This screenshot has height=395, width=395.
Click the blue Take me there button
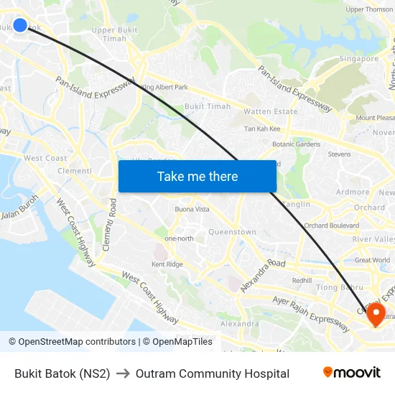pos(197,176)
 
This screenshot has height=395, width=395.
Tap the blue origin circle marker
pos(20,25)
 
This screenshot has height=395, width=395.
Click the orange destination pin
pos(376,314)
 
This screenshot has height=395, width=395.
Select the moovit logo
pos(352,373)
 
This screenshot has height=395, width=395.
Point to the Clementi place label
pos(75,171)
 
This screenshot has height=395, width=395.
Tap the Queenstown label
pos(232,232)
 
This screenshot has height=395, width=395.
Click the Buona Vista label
pos(192,209)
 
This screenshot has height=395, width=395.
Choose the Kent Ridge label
pos(167,264)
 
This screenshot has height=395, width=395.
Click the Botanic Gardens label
pos(297,144)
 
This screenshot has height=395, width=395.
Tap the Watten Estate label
pos(270,112)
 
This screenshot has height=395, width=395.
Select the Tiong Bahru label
pos(336,288)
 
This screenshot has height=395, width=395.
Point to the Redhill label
pos(302,280)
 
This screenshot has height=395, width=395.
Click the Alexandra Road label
pos(263,275)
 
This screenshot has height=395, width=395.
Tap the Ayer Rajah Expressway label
pos(310,311)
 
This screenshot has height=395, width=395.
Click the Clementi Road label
pos(108,226)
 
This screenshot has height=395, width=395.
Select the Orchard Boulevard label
pos(331,226)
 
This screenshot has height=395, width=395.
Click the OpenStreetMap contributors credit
pos(77,342)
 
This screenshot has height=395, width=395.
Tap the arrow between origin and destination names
pos(123,373)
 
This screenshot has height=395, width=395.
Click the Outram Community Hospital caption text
pos(213,373)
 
